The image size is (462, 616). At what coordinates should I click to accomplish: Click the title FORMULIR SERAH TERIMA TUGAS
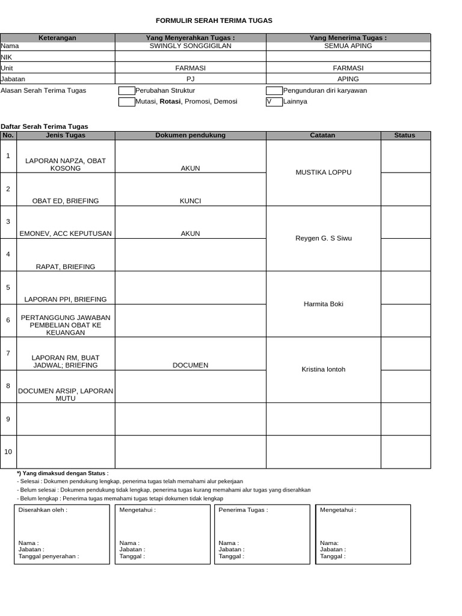[x=214, y=20]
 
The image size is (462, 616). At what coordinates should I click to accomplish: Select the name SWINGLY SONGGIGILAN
[x=190, y=46]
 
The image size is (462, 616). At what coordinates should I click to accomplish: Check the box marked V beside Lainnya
[x=274, y=102]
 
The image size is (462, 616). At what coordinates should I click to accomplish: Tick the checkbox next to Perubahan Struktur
[x=126, y=91]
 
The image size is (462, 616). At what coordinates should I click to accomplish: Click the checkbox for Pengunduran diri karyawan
[x=274, y=91]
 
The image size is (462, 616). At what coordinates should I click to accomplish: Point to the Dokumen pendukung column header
[x=190, y=135]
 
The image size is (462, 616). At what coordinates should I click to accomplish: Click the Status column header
[x=404, y=135]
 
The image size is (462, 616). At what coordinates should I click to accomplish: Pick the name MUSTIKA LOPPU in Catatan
[x=323, y=173]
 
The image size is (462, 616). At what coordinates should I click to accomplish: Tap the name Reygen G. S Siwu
[x=323, y=238]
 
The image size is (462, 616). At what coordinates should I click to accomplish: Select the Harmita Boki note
[x=323, y=304]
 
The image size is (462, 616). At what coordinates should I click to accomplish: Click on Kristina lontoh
[x=323, y=369]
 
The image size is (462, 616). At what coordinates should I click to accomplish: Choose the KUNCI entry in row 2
[x=190, y=201]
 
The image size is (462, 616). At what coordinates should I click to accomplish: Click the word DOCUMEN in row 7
[x=190, y=365]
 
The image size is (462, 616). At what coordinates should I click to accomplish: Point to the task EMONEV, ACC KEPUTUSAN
[x=66, y=233]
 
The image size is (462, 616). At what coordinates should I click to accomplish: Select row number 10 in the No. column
[x=8, y=452]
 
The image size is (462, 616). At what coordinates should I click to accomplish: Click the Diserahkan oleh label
[x=43, y=510]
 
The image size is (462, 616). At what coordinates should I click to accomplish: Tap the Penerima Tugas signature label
[x=243, y=510]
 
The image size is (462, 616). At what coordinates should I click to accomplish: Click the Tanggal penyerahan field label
[x=49, y=556]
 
